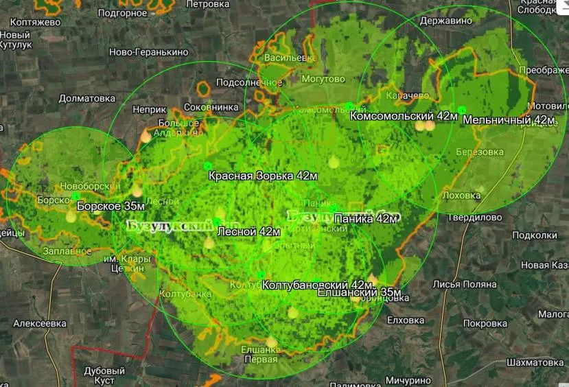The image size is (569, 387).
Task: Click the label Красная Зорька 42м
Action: [264, 176]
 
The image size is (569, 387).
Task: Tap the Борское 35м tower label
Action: [111, 205]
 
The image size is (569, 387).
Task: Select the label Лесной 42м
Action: [248, 232]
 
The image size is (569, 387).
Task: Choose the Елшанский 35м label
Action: [359, 292]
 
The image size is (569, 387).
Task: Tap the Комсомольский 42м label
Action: [404, 116]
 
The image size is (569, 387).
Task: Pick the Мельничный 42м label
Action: [509, 120]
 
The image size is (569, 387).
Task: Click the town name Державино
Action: [446, 21]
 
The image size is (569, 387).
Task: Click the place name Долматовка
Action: [86, 98]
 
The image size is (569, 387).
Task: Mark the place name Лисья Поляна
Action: [464, 284]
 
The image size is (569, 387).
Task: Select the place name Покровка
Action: [485, 322]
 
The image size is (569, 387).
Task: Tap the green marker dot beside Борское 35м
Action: [76, 196]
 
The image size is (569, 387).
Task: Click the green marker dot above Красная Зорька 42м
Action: [208, 166]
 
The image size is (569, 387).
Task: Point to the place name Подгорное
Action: [122, 12]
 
